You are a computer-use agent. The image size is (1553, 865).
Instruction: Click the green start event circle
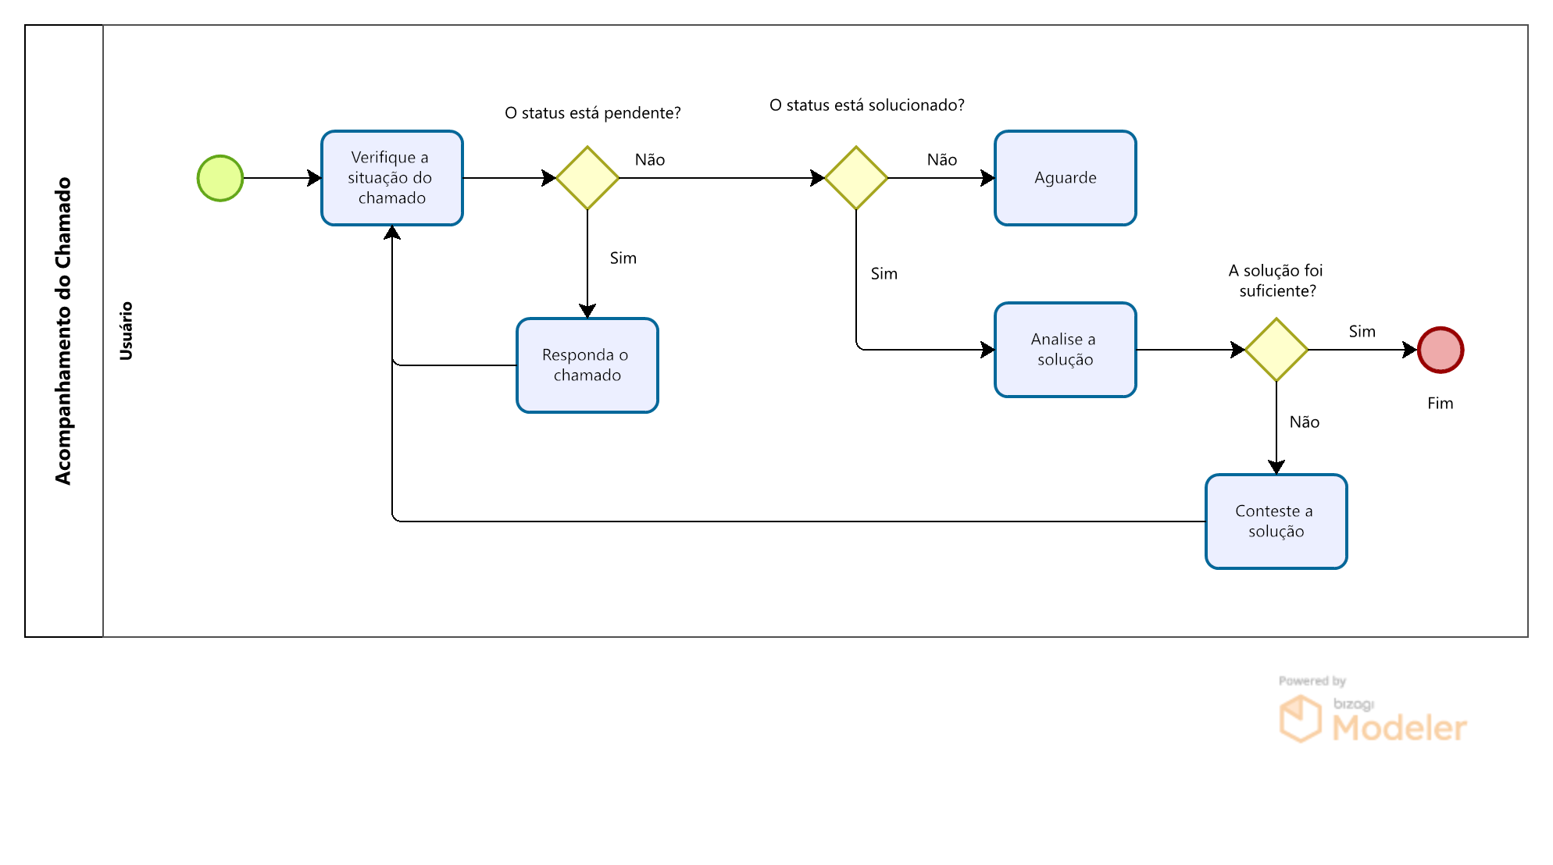pos(220,178)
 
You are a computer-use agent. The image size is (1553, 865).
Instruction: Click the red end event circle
pos(1441,350)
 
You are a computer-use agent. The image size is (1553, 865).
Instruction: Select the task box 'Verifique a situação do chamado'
pos(392,178)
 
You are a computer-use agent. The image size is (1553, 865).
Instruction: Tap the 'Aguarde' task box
pos(1066,178)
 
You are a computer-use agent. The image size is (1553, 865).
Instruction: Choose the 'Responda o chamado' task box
pos(587,365)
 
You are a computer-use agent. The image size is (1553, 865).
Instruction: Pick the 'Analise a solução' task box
pos(1066,350)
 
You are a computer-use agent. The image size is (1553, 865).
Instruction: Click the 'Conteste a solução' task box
pos(1276,521)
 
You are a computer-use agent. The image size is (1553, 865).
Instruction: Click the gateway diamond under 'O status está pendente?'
pos(587,178)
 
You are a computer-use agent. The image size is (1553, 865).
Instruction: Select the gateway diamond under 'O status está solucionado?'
pos(856,178)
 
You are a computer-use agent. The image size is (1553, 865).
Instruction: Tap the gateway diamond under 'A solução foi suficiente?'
pos(1276,350)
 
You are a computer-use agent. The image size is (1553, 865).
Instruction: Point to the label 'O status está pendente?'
pos(593,113)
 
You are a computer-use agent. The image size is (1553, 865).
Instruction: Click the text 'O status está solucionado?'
pos(867,105)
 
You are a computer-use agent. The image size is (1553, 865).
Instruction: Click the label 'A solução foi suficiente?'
pos(1276,281)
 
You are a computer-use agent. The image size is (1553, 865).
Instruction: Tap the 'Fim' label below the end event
pos(1441,404)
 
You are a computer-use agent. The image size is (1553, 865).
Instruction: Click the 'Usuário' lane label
pos(126,331)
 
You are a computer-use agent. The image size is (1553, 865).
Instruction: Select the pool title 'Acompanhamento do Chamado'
pos(63,331)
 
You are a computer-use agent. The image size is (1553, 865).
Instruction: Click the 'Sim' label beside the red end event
pos(1362,332)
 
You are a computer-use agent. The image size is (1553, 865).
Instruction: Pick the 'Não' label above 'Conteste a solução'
pos(1305,422)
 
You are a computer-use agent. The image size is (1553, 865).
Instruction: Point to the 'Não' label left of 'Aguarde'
pos(942,160)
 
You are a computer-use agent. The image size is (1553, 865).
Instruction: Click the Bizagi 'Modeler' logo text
pos(1400,728)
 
